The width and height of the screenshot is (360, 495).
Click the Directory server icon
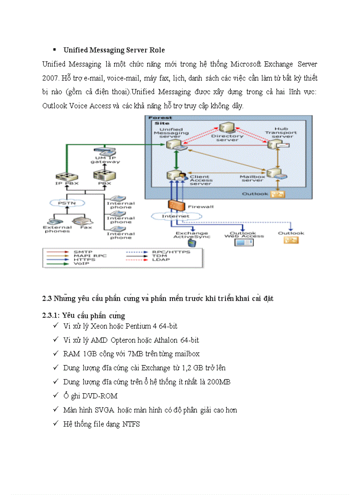[x=227, y=129]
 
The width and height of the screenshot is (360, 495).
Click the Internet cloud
[x=176, y=216]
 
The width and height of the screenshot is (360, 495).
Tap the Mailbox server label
[x=252, y=178]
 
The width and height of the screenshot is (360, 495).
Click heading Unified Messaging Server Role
[x=114, y=50]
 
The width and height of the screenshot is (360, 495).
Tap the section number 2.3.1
[x=50, y=316]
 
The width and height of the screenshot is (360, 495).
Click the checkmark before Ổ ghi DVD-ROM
[x=55, y=395]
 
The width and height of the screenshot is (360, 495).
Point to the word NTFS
[x=131, y=424]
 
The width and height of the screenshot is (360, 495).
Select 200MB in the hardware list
[x=219, y=382]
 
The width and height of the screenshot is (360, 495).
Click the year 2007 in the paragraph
[x=49, y=78]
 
